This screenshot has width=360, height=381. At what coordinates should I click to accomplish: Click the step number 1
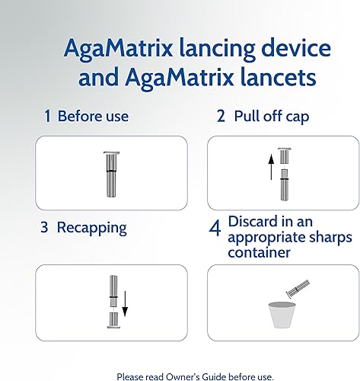[47, 117]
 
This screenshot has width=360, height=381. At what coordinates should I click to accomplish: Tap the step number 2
[221, 117]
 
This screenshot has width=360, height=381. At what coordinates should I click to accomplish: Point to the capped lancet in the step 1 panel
[111, 172]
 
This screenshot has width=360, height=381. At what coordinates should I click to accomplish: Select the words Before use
[93, 117]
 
